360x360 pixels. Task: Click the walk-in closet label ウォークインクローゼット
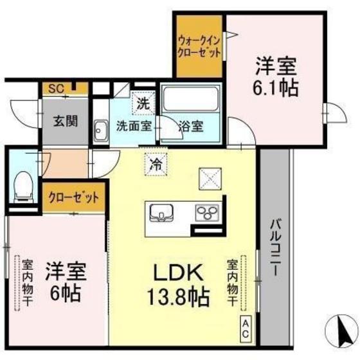pyautogui.click(x=199, y=46)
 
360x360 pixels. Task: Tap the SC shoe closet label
pyautogui.click(x=56, y=90)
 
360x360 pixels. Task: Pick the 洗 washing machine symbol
pyautogui.click(x=143, y=102)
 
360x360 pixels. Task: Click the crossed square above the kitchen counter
pyautogui.click(x=210, y=176)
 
